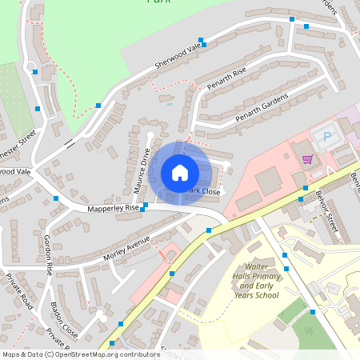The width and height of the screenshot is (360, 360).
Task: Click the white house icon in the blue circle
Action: coord(180,173)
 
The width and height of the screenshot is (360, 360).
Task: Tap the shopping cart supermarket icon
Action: coord(307,158)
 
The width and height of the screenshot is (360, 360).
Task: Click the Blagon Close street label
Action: coord(64,320)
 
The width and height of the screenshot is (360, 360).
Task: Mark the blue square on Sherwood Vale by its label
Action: coord(203,45)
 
